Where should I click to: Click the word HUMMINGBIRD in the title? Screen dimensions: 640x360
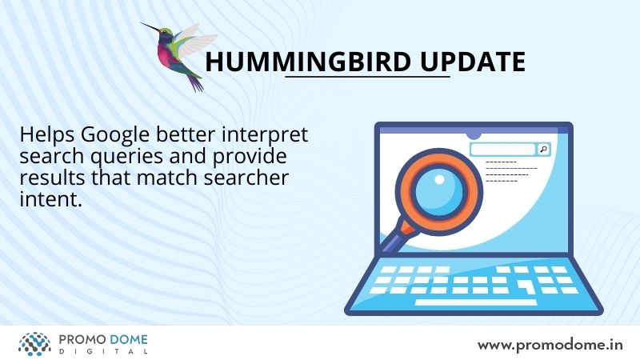pos(308,62)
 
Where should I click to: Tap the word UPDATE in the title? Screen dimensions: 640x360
pos(473,62)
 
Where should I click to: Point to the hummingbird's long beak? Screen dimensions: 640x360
pos(150,27)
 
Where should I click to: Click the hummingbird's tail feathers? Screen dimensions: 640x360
pos(195,82)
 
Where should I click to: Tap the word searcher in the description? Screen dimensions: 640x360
pos(246,178)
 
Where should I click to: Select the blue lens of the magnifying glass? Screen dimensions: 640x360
pos(438,192)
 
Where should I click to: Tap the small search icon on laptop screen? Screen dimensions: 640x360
pos(543,150)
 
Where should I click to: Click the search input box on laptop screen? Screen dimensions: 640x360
pos(502,150)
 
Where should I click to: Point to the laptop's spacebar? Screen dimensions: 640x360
pos(476,302)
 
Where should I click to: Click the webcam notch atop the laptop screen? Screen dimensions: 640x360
pos(474,134)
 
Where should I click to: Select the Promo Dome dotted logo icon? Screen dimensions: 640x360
pos(34,344)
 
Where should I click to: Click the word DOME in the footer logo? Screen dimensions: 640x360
pos(129,339)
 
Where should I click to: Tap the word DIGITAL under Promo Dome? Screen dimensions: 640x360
pos(103,351)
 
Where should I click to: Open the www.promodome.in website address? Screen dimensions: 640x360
pos(550,346)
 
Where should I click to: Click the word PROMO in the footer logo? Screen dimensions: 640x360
pos(83,339)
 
